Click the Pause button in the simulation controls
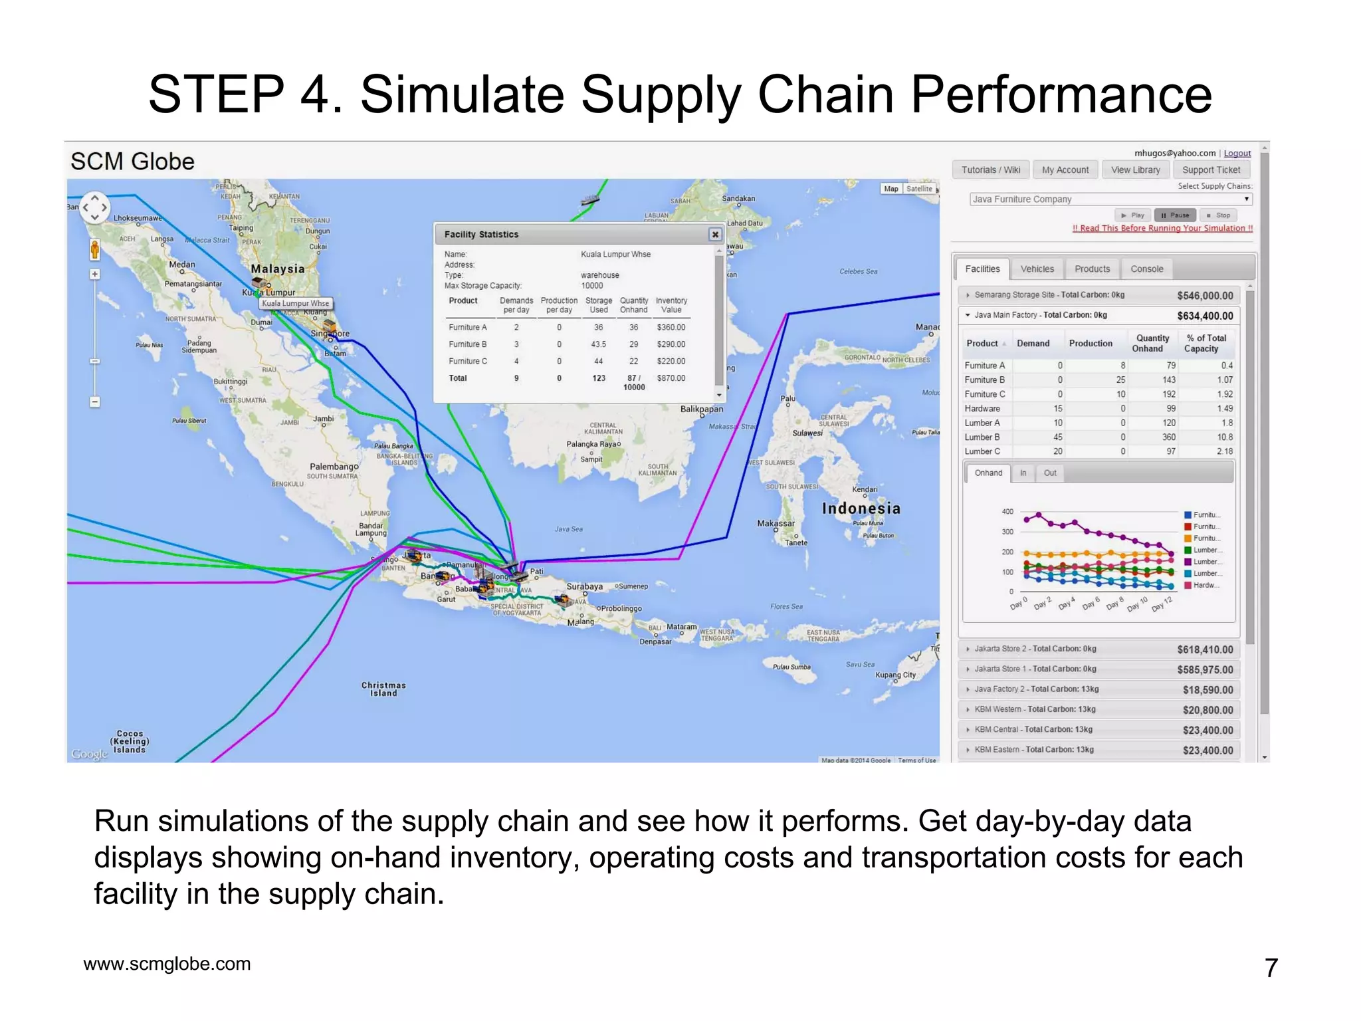tap(1175, 215)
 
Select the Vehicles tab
tap(1037, 269)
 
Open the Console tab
tap(1146, 269)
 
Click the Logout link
tap(1237, 154)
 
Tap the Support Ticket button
tap(1211, 170)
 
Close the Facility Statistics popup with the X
tap(715, 235)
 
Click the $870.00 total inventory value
tap(671, 378)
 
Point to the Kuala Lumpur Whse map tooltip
tap(295, 304)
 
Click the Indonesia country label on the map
tap(861, 509)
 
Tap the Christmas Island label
tap(383, 689)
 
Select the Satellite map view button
tap(919, 189)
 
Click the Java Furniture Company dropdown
tap(1110, 199)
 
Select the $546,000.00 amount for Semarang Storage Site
tap(1204, 296)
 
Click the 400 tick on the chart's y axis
tap(1007, 512)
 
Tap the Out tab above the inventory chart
tap(1050, 473)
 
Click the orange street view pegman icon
tap(95, 250)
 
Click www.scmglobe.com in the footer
tap(167, 964)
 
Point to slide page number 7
tap(1271, 968)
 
